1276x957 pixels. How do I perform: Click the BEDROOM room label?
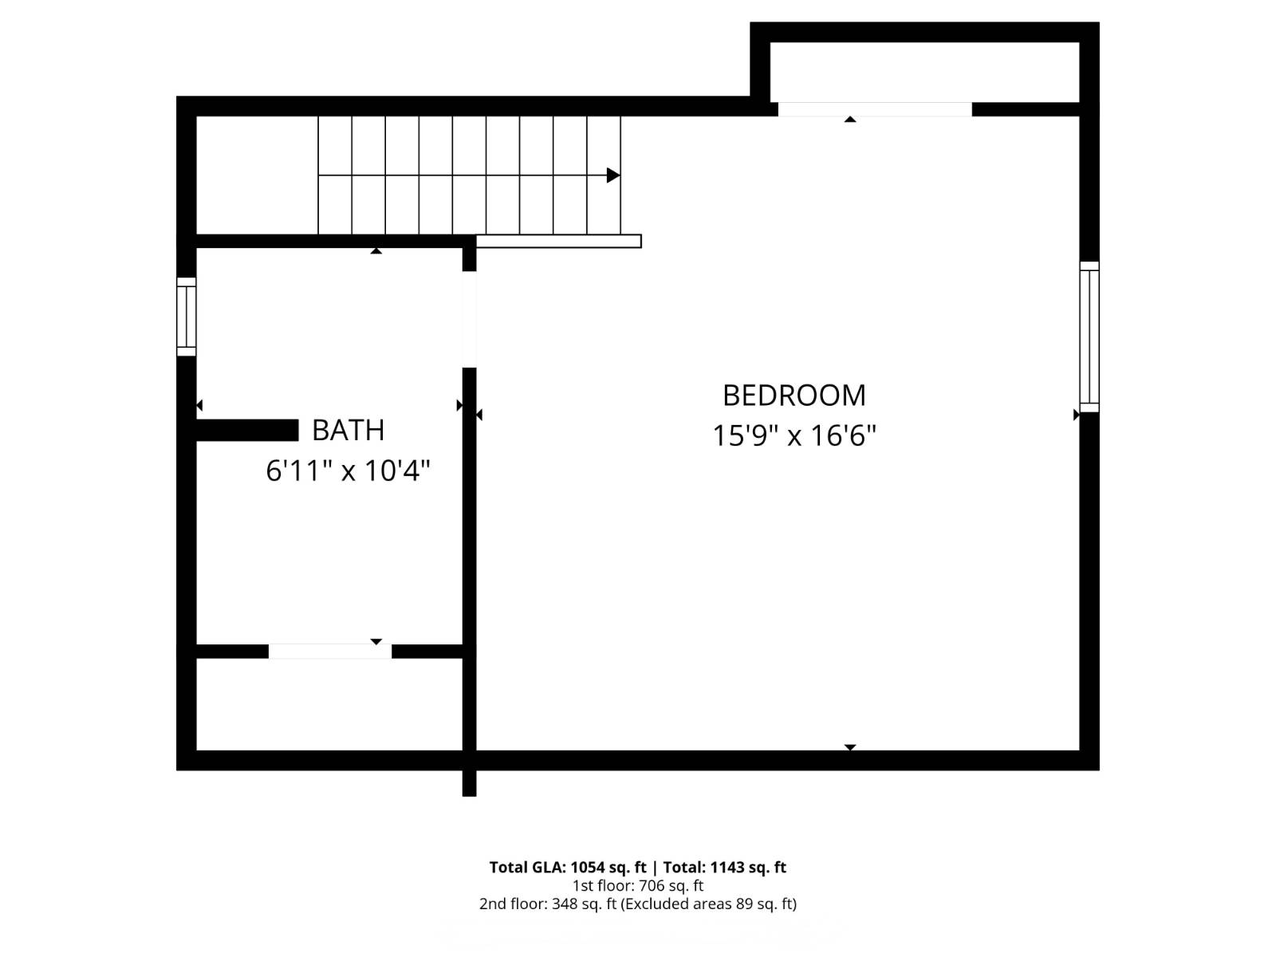tap(794, 396)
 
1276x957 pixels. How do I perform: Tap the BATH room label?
tap(348, 431)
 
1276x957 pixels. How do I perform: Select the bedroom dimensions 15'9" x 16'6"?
tap(794, 436)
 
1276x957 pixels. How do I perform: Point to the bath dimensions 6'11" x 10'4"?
tap(348, 471)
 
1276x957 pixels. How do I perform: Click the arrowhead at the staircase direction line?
tap(612, 175)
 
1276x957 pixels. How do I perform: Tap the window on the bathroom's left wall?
tap(186, 317)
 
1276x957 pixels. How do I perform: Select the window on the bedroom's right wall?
tap(1089, 337)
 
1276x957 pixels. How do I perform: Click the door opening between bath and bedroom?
tap(469, 319)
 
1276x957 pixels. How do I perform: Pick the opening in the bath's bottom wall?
tap(329, 652)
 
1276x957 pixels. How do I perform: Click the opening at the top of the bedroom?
tap(874, 109)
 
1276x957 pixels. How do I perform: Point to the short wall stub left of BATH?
tap(247, 431)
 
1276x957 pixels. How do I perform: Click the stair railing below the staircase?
tap(558, 241)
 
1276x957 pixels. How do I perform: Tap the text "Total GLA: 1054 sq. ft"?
tap(567, 868)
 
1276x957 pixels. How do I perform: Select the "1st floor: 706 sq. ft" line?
tap(638, 886)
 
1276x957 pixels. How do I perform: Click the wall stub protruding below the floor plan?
tap(469, 783)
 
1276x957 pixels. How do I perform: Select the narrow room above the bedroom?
tap(924, 72)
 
